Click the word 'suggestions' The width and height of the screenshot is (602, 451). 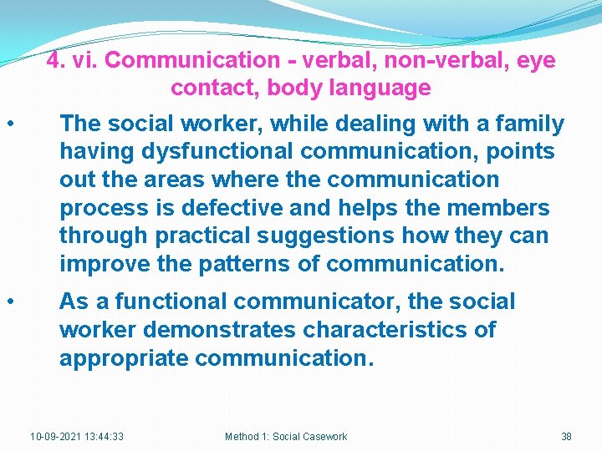339,236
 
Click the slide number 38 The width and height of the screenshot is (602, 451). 566,437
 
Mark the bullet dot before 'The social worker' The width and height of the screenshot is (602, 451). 9,124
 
